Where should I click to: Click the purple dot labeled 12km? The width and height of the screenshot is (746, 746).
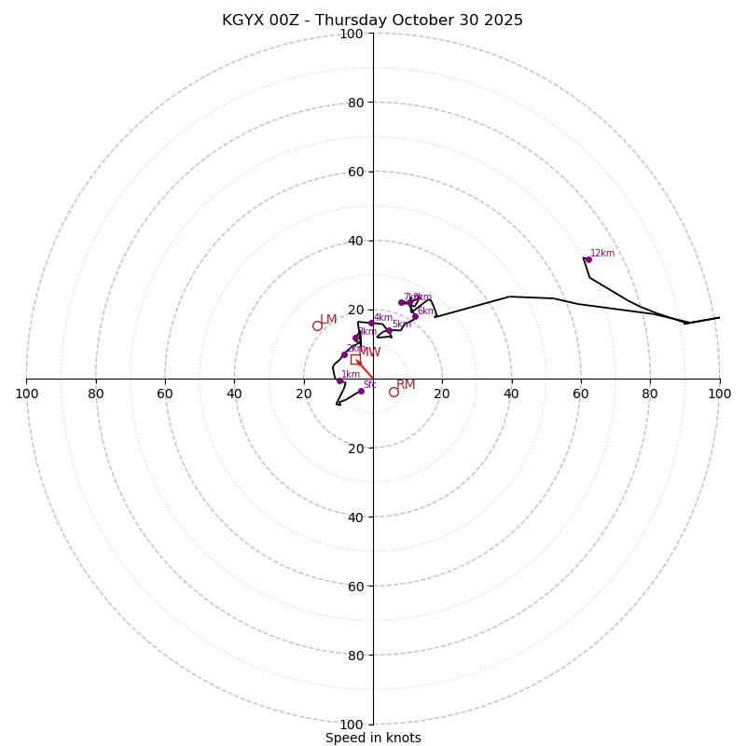(588, 259)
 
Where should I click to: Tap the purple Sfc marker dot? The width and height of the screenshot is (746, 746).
(361, 391)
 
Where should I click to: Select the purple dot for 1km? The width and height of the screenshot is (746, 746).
(339, 380)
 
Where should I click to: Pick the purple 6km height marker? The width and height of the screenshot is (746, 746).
(416, 316)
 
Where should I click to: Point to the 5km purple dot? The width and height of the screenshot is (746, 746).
(390, 329)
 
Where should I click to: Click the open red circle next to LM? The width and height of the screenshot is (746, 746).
(317, 325)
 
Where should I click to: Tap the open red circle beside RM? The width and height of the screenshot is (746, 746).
(394, 392)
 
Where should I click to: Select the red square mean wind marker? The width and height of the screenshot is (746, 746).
(355, 359)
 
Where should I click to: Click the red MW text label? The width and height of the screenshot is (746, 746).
(369, 352)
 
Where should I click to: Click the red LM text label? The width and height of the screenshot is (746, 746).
(328, 320)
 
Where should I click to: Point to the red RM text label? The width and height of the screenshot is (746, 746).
(406, 385)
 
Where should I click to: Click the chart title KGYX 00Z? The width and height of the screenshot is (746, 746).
(372, 21)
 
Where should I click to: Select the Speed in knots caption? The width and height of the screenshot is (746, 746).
(373, 738)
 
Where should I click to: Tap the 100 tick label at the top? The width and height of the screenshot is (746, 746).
(352, 34)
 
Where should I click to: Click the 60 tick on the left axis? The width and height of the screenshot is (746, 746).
(165, 394)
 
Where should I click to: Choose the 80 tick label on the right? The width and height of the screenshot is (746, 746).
(650, 394)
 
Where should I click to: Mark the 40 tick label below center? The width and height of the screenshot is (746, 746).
(352, 517)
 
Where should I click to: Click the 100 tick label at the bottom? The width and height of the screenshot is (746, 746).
(352, 724)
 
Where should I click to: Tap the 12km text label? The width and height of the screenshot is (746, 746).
(602, 253)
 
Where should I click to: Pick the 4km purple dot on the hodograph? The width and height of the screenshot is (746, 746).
(371, 323)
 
